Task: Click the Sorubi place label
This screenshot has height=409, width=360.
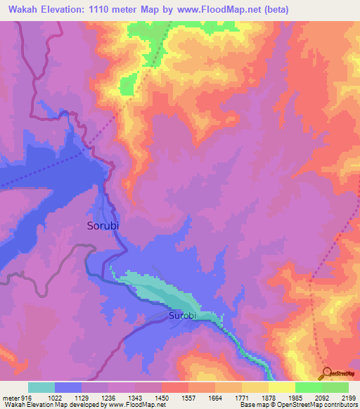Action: [108, 226]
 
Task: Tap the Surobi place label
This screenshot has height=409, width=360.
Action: [186, 317]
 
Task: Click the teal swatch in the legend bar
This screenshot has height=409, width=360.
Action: [41, 387]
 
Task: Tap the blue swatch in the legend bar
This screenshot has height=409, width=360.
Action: [68, 387]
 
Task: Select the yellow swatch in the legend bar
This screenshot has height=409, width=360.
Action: [282, 387]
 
